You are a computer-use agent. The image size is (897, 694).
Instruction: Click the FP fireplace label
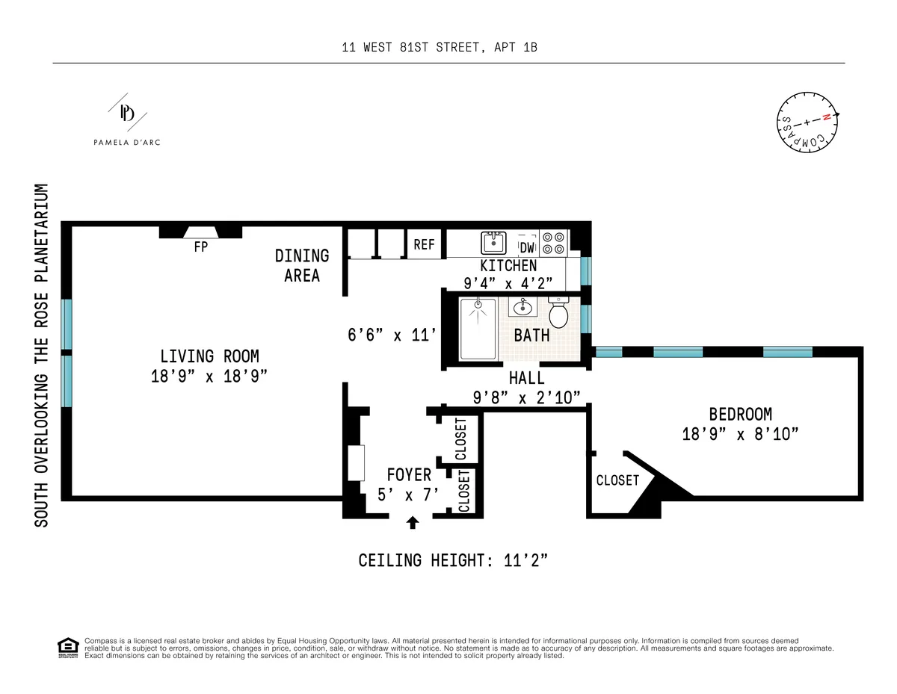(200, 247)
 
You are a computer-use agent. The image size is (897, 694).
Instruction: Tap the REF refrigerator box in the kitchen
(424, 244)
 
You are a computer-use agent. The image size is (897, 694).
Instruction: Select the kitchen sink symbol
(493, 243)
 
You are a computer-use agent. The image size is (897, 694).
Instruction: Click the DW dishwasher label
(527, 247)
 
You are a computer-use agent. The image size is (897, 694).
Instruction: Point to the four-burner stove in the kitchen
(553, 242)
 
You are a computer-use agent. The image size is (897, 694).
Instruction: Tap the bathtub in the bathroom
(478, 329)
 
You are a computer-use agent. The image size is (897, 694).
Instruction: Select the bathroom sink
(521, 307)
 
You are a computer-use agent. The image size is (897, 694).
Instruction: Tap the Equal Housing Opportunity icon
(67, 647)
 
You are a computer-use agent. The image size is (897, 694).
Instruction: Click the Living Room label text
(209, 356)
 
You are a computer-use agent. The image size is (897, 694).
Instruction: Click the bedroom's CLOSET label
(617, 480)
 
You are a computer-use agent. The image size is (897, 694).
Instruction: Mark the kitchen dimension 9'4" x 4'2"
(508, 283)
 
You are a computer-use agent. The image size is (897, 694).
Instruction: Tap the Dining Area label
(302, 265)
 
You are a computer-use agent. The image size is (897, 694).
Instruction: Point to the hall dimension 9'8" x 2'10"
(526, 397)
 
